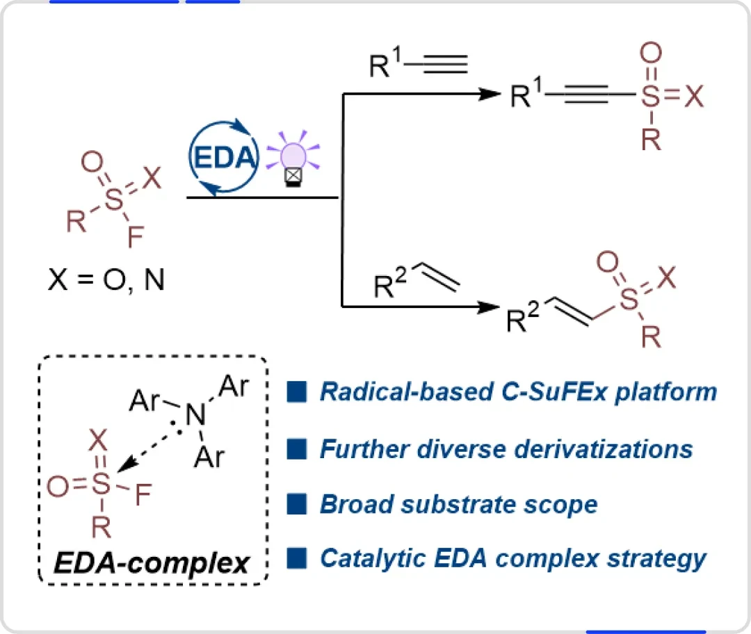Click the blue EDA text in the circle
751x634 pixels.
(x=224, y=158)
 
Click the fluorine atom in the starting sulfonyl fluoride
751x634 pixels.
(x=136, y=236)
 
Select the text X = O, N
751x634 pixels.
(x=106, y=279)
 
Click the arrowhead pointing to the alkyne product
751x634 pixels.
(x=490, y=94)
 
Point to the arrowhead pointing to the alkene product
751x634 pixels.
(x=489, y=307)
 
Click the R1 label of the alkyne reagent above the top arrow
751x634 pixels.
(x=385, y=63)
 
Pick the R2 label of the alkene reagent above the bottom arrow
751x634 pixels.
(x=390, y=283)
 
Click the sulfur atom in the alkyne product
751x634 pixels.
(x=650, y=96)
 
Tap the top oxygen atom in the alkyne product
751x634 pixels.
(x=651, y=53)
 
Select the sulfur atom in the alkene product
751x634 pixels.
(x=629, y=300)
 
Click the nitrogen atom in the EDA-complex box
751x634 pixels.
(x=195, y=415)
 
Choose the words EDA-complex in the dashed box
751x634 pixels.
(x=152, y=562)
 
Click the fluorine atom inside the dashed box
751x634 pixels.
(x=143, y=495)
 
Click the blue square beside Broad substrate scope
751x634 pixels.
(x=296, y=504)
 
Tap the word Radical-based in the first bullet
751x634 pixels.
(x=407, y=391)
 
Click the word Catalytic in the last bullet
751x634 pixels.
(x=373, y=558)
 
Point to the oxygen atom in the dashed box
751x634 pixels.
(x=58, y=487)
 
